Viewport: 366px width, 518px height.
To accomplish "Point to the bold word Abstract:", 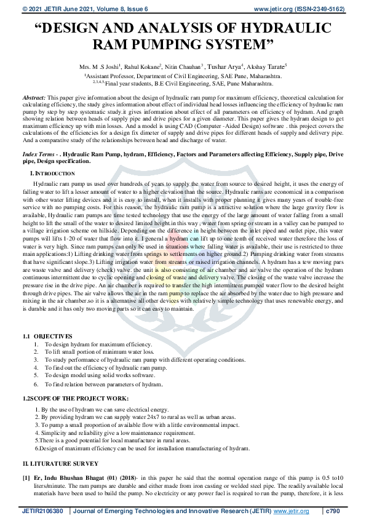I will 34,98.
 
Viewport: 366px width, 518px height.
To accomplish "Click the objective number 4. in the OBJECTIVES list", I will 36,367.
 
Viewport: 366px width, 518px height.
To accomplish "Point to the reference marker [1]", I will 26,477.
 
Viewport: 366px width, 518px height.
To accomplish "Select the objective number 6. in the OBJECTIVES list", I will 36,383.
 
